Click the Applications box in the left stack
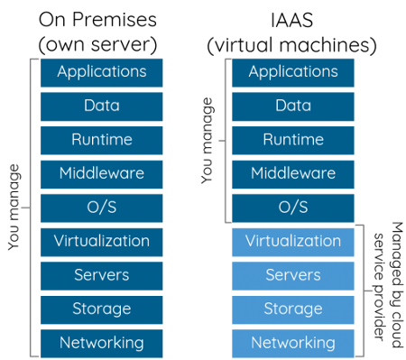pos(102,72)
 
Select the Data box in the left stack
pos(102,106)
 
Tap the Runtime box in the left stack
pos(102,140)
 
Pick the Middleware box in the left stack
pos(102,173)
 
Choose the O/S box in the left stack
pos(102,208)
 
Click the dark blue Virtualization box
pos(102,241)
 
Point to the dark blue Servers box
pos(102,275)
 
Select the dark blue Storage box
pos(102,309)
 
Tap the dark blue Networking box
pos(102,343)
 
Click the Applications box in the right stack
pos(293,72)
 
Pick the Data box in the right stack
pos(293,106)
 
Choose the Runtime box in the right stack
pos(293,140)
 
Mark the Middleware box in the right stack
pos(293,173)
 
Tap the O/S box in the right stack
pos(293,208)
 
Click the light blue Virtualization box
pos(293,241)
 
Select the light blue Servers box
pos(293,275)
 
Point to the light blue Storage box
pos(293,309)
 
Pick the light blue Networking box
pos(293,343)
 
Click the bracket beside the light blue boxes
pos(364,291)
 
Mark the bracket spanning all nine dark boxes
pos(32,208)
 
